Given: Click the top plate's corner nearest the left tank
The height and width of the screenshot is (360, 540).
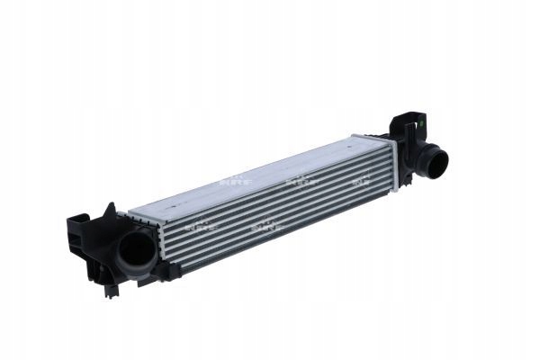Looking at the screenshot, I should pyautogui.click(x=132, y=213).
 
